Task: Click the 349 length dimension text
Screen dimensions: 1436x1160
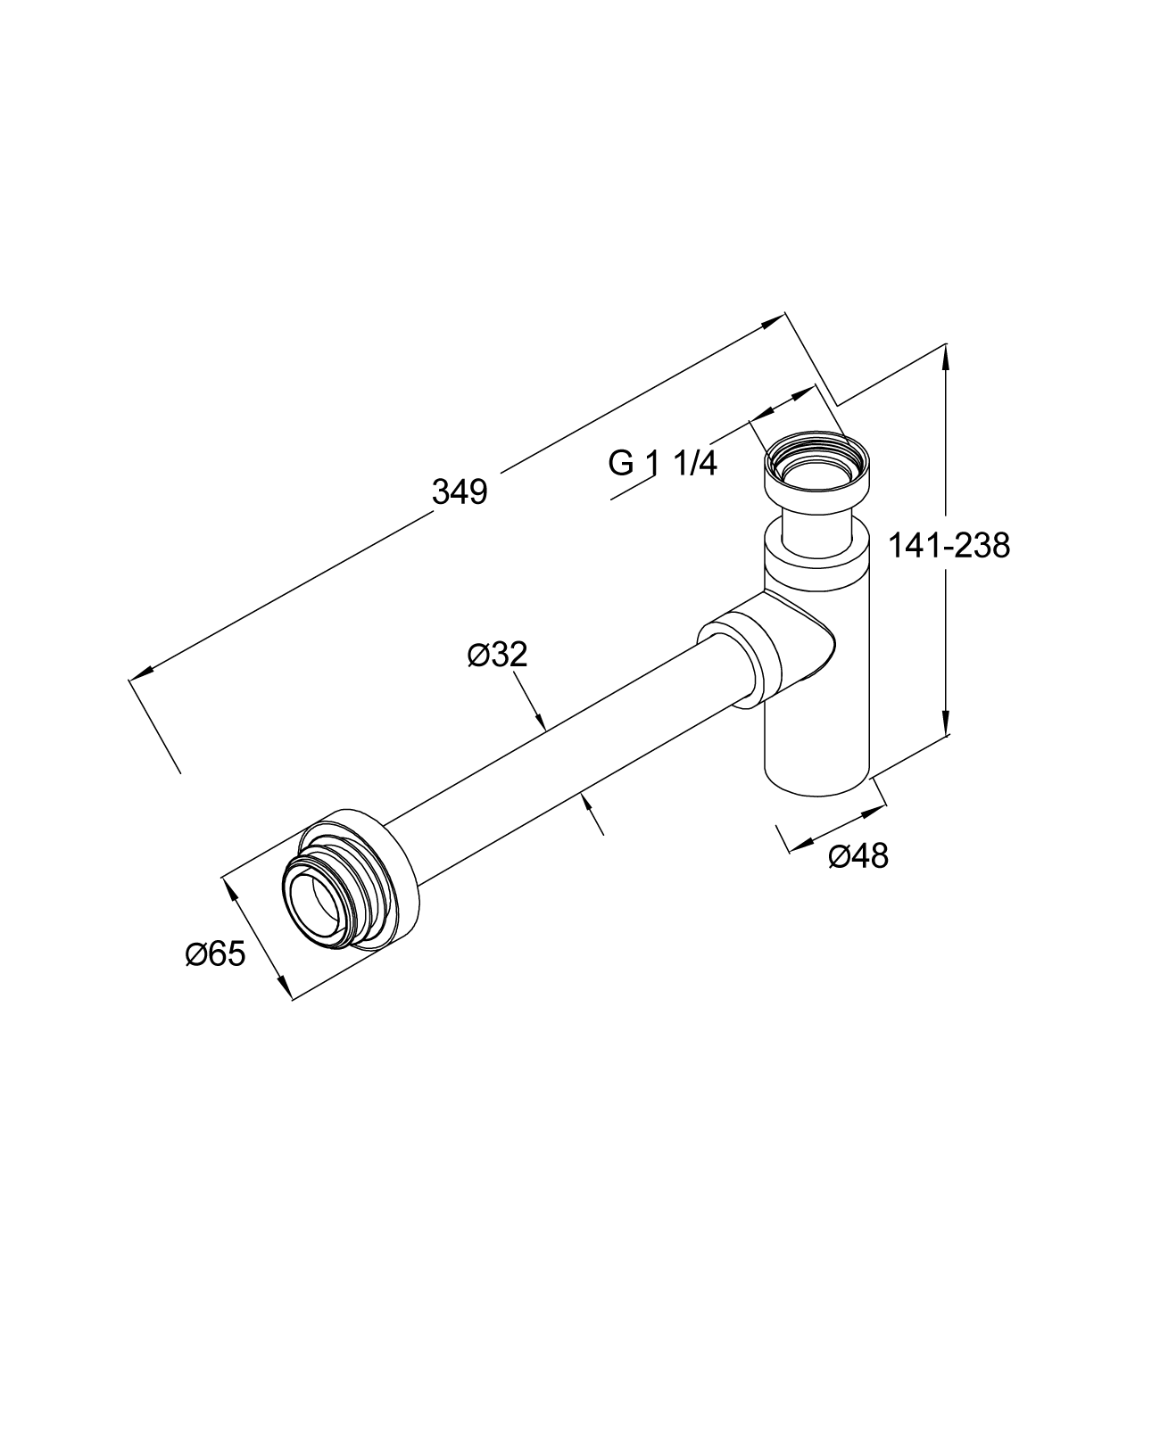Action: [x=460, y=492]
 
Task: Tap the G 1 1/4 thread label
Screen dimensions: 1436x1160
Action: [x=662, y=463]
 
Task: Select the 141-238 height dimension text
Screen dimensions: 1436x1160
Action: [x=949, y=544]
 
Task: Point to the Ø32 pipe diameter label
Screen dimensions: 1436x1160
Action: [x=497, y=655]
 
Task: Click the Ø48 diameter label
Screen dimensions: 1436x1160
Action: [x=858, y=856]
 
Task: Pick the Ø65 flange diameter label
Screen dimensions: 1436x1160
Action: [x=215, y=954]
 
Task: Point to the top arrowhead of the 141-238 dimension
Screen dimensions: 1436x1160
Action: [x=946, y=354]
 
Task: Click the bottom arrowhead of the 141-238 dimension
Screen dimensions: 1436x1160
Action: [x=946, y=726]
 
